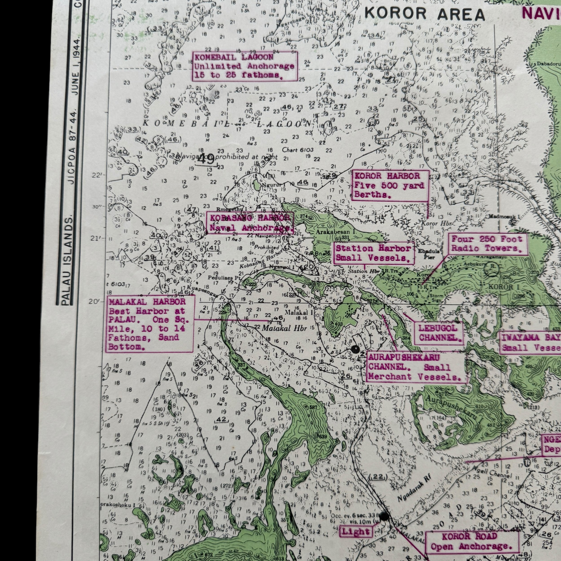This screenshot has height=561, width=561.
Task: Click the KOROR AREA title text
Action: (x=425, y=14)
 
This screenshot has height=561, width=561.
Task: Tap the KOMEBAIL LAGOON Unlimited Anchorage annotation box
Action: (x=244, y=66)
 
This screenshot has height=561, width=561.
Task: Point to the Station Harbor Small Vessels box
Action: (x=374, y=253)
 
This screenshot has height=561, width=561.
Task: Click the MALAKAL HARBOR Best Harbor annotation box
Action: (x=150, y=324)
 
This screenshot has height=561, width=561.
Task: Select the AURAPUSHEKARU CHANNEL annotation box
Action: (x=415, y=368)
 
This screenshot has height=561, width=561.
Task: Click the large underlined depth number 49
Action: (x=207, y=159)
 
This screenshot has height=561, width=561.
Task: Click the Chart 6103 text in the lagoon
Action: (x=297, y=150)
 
